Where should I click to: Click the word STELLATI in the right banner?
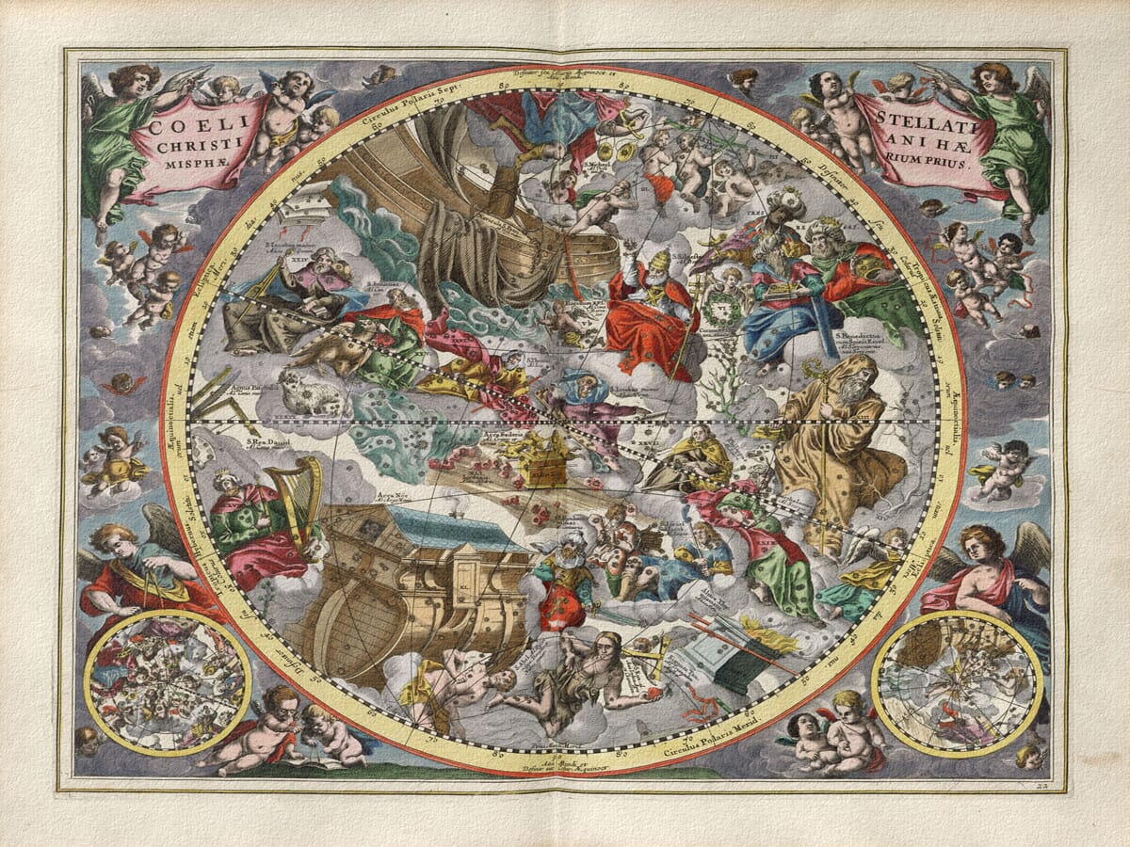point(917,120)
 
